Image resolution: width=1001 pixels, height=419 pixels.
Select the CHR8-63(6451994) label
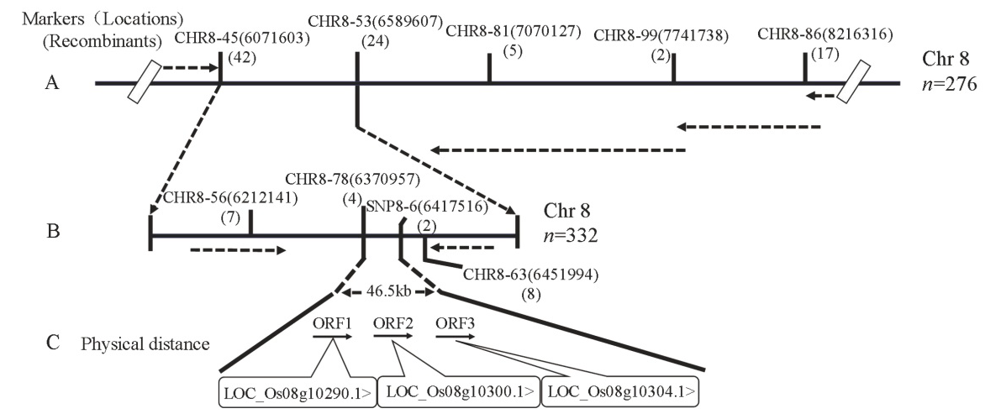click(x=529, y=274)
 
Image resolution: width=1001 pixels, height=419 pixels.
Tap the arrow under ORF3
click(x=454, y=337)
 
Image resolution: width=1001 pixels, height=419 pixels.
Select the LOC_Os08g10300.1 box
click(x=457, y=391)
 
